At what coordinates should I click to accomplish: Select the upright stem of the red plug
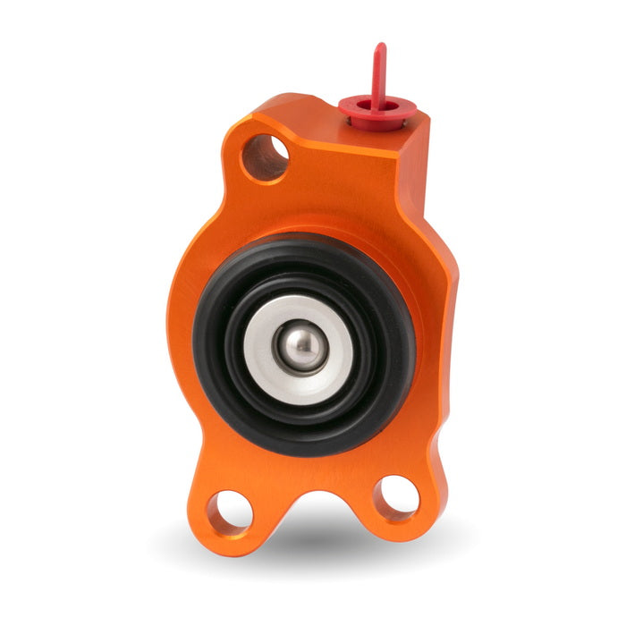tap(380, 76)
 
